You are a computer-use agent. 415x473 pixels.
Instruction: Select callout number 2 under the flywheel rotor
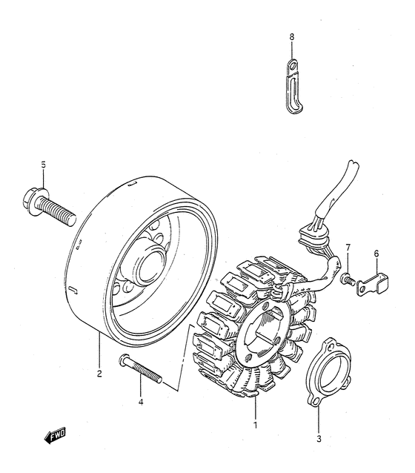point(99,374)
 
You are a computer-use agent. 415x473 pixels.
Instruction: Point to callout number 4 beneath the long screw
point(141,403)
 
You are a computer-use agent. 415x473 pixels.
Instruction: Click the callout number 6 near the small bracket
point(376,254)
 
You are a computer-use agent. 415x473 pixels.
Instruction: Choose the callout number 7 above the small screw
point(347,247)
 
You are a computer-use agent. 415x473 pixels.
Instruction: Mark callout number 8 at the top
point(292,36)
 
